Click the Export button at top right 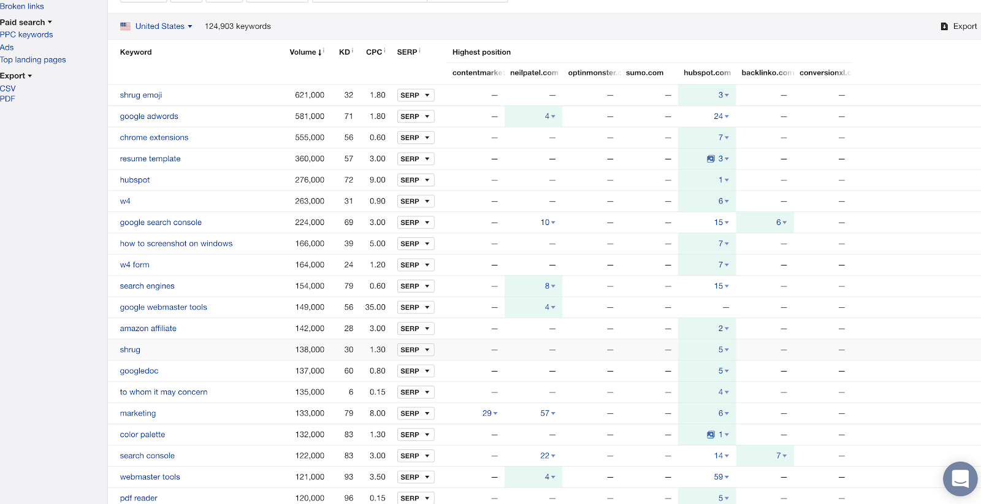[x=959, y=26]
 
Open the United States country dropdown [x=157, y=26]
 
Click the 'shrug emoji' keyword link [x=141, y=95]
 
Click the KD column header [x=345, y=52]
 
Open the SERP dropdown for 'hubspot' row [x=415, y=180]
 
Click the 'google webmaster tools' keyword [x=163, y=307]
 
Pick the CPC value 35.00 [x=375, y=307]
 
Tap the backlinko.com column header [x=767, y=72]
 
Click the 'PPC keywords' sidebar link [x=26, y=35]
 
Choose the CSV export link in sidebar [x=8, y=88]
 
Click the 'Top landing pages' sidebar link [x=33, y=59]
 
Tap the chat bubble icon [x=960, y=478]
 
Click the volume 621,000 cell [x=310, y=95]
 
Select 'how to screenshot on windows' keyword [x=176, y=243]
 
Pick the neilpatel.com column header [x=533, y=72]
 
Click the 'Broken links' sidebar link [x=22, y=6]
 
